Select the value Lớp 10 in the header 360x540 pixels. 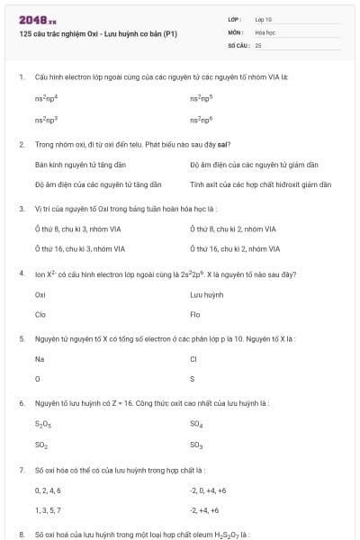point(264,19)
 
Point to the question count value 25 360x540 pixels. point(258,44)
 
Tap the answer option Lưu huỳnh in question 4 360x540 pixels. point(207,294)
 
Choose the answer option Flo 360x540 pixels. point(195,315)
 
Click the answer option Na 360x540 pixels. point(40,358)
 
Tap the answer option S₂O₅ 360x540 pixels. point(42,423)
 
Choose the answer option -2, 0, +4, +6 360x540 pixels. point(208,490)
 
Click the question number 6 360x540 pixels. point(21,402)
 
